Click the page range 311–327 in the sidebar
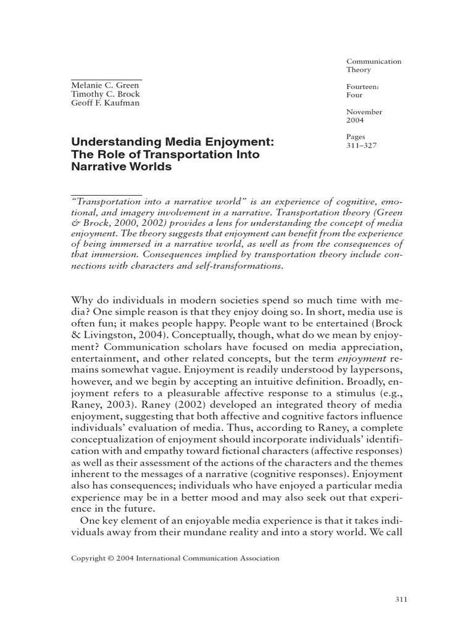(360, 146)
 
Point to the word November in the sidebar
(364, 112)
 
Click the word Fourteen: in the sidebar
(362, 87)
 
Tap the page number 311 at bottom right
(400, 599)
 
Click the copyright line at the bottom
(176, 558)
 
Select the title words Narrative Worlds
(122, 167)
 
